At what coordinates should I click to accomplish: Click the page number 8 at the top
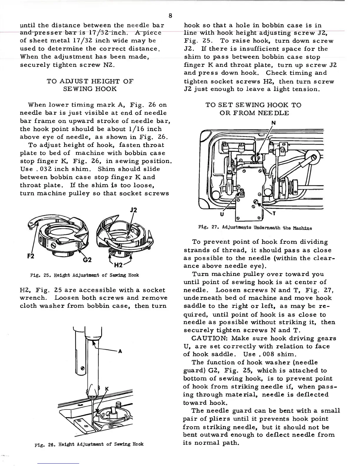point(171,16)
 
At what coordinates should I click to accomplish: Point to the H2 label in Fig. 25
point(118,265)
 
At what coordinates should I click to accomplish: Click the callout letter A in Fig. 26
point(120,351)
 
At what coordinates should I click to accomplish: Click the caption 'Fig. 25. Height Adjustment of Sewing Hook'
point(84,275)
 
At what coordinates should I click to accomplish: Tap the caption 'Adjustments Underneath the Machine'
point(263,228)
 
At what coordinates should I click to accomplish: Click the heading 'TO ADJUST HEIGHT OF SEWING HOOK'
point(90,85)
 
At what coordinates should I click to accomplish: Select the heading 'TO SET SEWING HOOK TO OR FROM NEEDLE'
point(254,109)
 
